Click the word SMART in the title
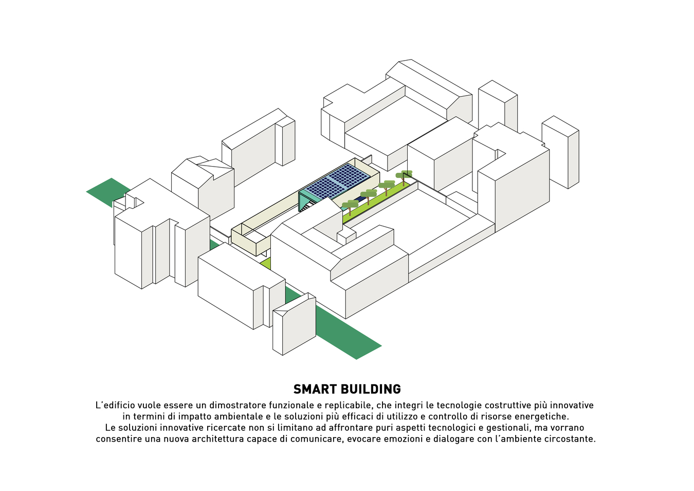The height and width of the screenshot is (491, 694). pos(315,389)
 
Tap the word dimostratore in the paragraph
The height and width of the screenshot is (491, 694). pos(238,406)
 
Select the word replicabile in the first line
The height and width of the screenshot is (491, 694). pos(348,406)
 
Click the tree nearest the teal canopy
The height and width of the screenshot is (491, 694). pos(350,205)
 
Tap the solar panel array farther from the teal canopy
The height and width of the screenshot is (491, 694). pos(350,173)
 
